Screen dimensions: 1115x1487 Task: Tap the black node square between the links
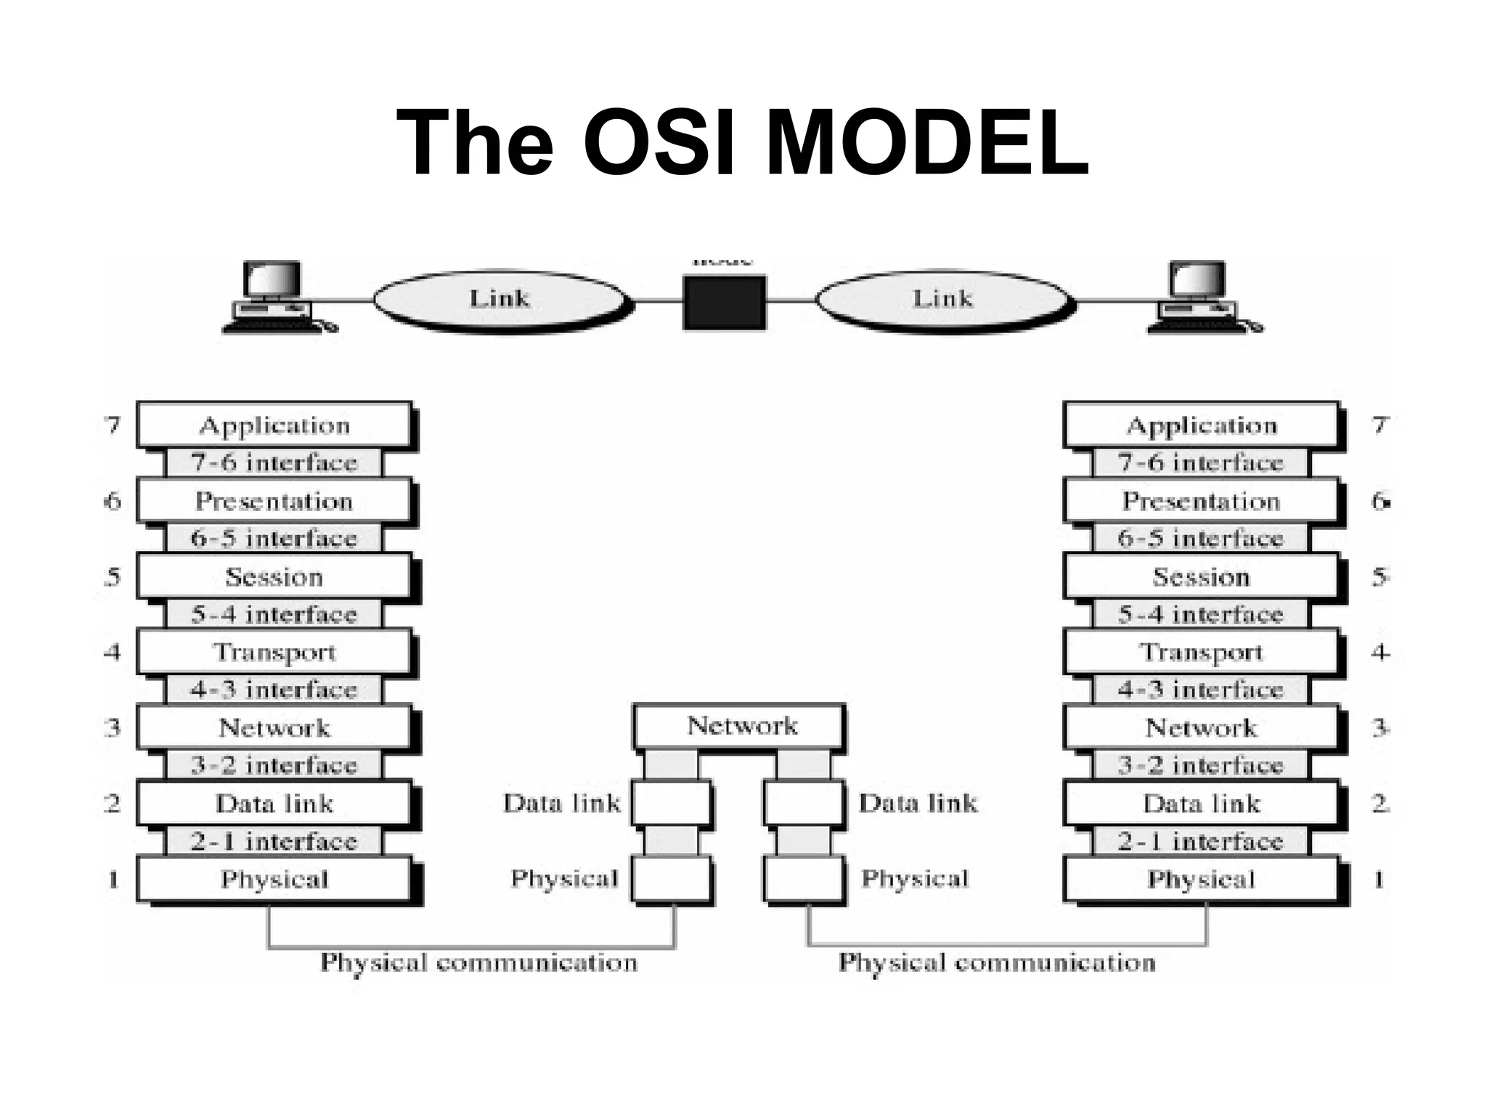724,301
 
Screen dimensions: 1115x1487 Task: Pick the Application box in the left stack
274,425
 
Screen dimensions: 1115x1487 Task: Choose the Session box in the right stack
1201,577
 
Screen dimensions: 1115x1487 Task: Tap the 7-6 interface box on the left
274,463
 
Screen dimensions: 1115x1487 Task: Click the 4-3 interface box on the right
1201,690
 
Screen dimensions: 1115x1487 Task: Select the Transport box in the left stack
274,652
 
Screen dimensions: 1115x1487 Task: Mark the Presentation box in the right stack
1201,502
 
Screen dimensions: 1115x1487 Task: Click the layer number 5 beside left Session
113,577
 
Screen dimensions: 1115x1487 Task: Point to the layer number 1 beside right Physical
1378,880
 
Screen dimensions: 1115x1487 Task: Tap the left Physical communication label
479,963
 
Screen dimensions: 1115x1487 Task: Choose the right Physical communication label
997,963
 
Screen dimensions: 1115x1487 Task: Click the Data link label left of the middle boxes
562,804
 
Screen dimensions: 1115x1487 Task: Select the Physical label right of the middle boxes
915,879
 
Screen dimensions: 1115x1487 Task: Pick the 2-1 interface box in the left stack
274,842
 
